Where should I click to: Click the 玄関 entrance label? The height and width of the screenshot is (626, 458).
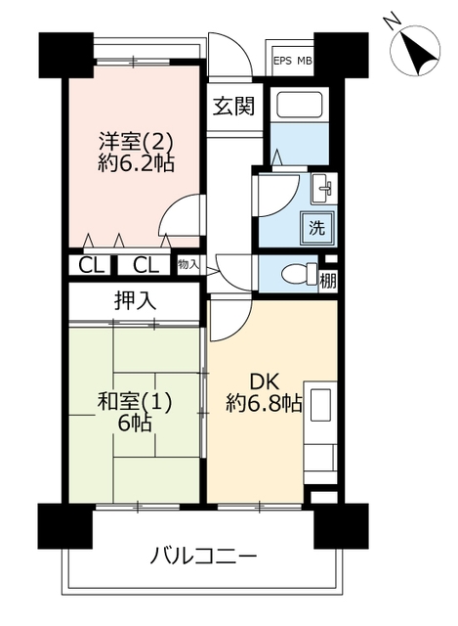[233, 107]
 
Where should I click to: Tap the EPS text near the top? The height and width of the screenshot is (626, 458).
[282, 61]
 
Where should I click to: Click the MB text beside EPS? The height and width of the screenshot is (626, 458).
[304, 61]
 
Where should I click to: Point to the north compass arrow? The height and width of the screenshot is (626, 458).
[415, 51]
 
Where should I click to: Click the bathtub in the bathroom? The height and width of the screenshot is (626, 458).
[299, 104]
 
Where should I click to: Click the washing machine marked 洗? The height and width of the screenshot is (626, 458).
[317, 228]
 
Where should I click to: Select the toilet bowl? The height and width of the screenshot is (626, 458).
[300, 274]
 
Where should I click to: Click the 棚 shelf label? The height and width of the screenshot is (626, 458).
[328, 281]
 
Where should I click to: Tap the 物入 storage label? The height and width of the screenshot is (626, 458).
[188, 264]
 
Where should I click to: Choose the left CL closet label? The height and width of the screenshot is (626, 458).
[91, 265]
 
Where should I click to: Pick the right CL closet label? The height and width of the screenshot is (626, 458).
[146, 265]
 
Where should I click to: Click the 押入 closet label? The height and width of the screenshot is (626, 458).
[135, 301]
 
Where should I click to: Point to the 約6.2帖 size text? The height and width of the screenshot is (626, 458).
[136, 162]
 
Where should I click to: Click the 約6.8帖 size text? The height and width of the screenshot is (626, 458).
[264, 403]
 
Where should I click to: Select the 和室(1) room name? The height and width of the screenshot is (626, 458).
[135, 402]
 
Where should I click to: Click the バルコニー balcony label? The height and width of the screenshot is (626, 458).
[203, 556]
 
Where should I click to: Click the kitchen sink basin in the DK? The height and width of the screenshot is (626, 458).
[320, 405]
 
